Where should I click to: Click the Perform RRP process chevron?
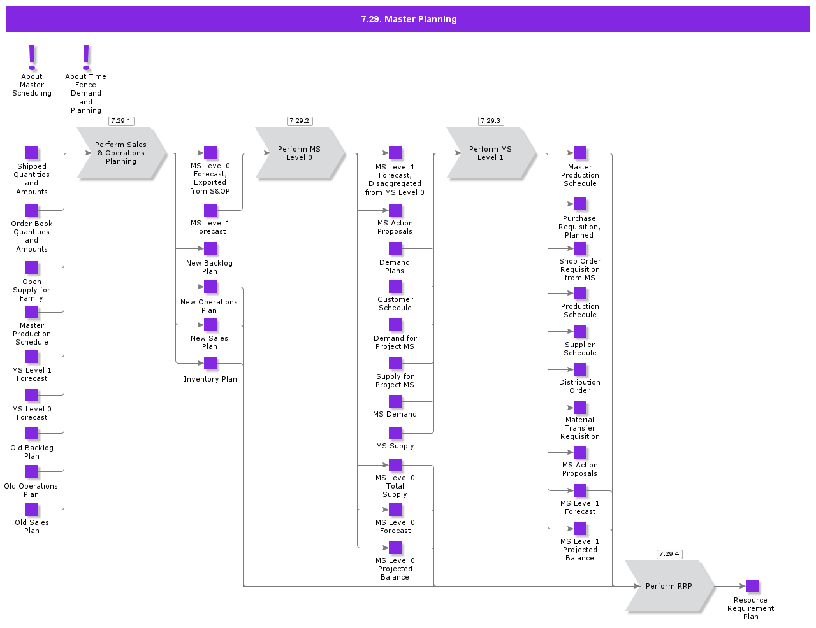[x=669, y=586]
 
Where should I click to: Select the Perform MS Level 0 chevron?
[x=299, y=153]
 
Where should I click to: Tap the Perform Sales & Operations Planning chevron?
[x=120, y=153]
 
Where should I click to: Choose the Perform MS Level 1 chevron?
[x=490, y=153]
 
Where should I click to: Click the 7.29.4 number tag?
[x=669, y=554]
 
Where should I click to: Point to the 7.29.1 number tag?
[x=120, y=121]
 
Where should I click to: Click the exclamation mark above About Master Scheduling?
[x=32, y=57]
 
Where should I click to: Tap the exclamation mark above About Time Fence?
[x=86, y=57]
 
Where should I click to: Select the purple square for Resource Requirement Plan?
[x=752, y=586]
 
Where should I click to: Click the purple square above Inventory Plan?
[x=210, y=363]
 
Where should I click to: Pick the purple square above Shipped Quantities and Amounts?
[x=32, y=153]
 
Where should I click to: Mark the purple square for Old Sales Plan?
[x=32, y=510]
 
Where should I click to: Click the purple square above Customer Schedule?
[x=395, y=287]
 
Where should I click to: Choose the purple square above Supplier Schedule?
[x=580, y=331]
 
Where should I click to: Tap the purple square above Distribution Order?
[x=580, y=369]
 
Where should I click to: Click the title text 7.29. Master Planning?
[x=409, y=19]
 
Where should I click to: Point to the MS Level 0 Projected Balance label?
[x=395, y=569]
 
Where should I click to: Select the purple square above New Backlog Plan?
[x=210, y=248]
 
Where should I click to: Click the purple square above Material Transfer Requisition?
[x=580, y=408]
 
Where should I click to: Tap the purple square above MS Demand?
[x=395, y=401]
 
